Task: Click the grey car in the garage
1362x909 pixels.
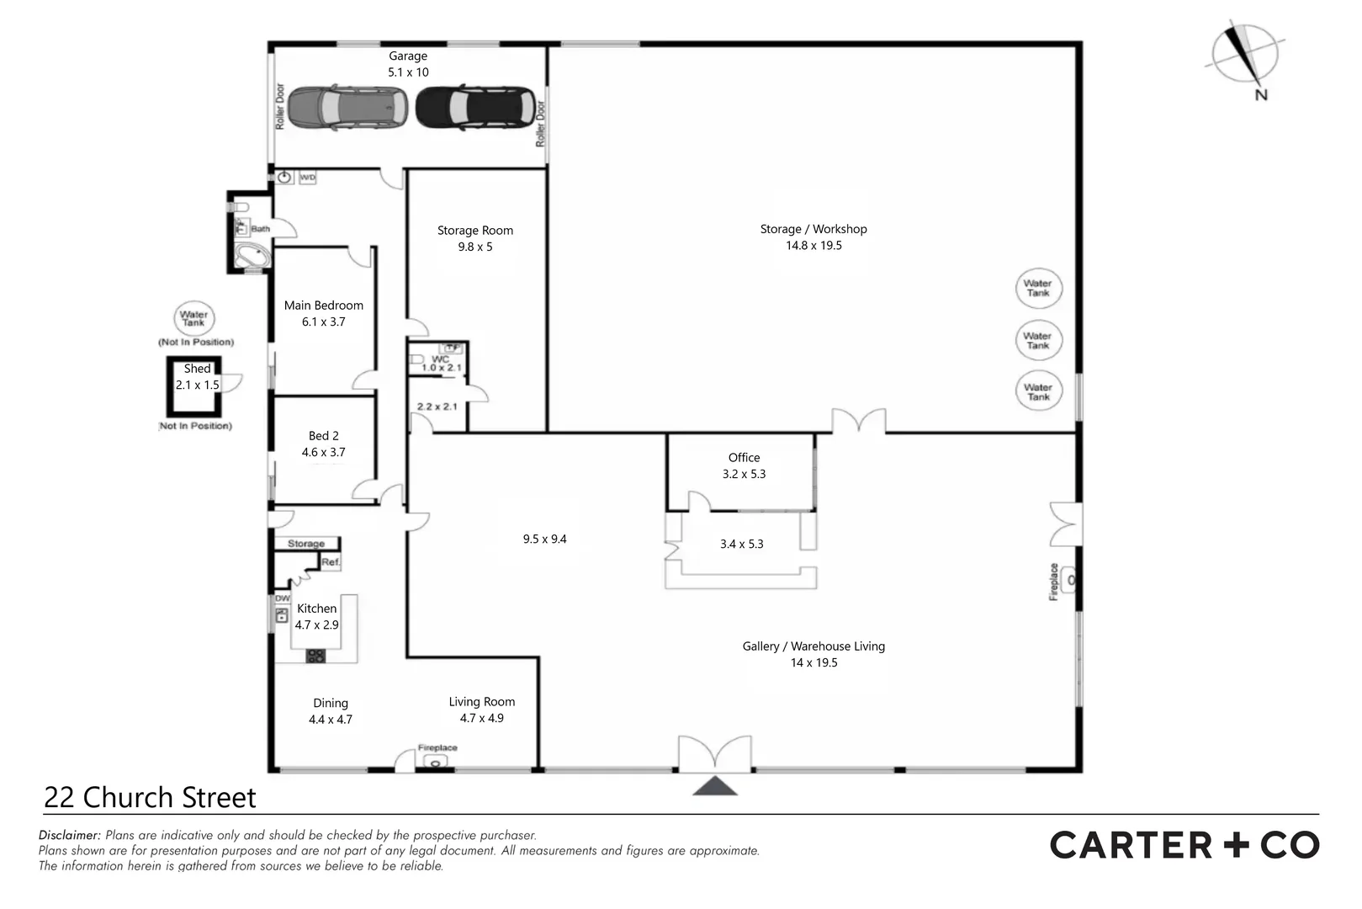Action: pyautogui.click(x=347, y=107)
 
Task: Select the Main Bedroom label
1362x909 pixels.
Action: pyautogui.click(x=324, y=306)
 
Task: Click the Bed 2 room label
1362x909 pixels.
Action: pyautogui.click(x=324, y=436)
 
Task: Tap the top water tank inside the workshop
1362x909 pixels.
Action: pyautogui.click(x=1038, y=289)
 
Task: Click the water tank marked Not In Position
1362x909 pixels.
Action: pyautogui.click(x=193, y=319)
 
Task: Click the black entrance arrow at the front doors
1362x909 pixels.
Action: pyautogui.click(x=715, y=786)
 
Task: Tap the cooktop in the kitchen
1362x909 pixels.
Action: pyautogui.click(x=315, y=656)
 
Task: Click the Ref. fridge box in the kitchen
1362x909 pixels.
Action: pyautogui.click(x=330, y=562)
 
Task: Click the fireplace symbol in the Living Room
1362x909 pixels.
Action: pyautogui.click(x=436, y=762)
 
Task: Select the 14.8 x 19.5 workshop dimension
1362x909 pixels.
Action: pyautogui.click(x=813, y=246)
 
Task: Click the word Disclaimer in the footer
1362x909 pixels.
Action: pyautogui.click(x=70, y=836)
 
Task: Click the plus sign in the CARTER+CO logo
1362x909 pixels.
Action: pyautogui.click(x=1236, y=845)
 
